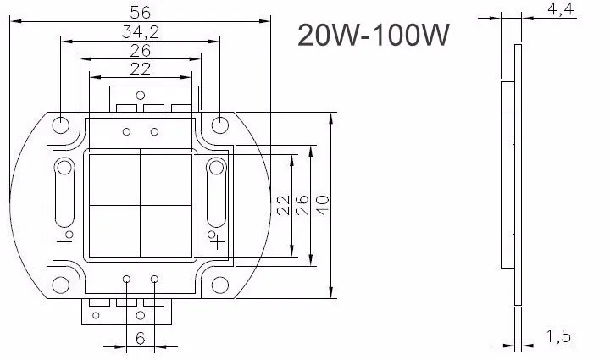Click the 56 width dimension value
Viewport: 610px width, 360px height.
pyautogui.click(x=140, y=12)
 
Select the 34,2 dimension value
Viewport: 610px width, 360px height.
pyautogui.click(x=140, y=32)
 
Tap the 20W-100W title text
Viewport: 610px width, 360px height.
pyautogui.click(x=373, y=36)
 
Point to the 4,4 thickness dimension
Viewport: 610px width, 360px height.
pyautogui.click(x=562, y=10)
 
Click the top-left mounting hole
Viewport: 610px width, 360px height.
pyautogui.click(x=61, y=125)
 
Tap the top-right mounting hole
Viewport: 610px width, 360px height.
pyautogui.click(x=219, y=125)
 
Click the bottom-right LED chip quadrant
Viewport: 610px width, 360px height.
pyautogui.click(x=167, y=230)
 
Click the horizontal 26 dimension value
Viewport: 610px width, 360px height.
pyautogui.click(x=140, y=51)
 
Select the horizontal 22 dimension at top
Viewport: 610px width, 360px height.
pyautogui.click(x=140, y=69)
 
